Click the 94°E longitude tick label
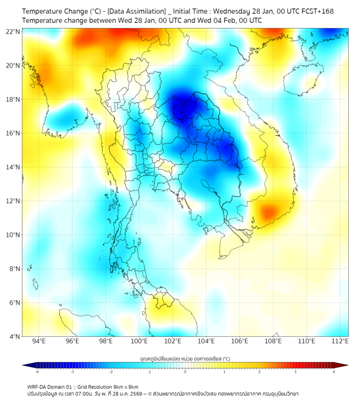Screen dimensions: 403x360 click(x=39, y=341)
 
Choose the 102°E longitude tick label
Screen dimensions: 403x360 click(x=173, y=341)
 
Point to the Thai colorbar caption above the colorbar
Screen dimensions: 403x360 click(x=185, y=358)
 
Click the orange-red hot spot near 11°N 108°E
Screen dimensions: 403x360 click(x=268, y=212)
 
